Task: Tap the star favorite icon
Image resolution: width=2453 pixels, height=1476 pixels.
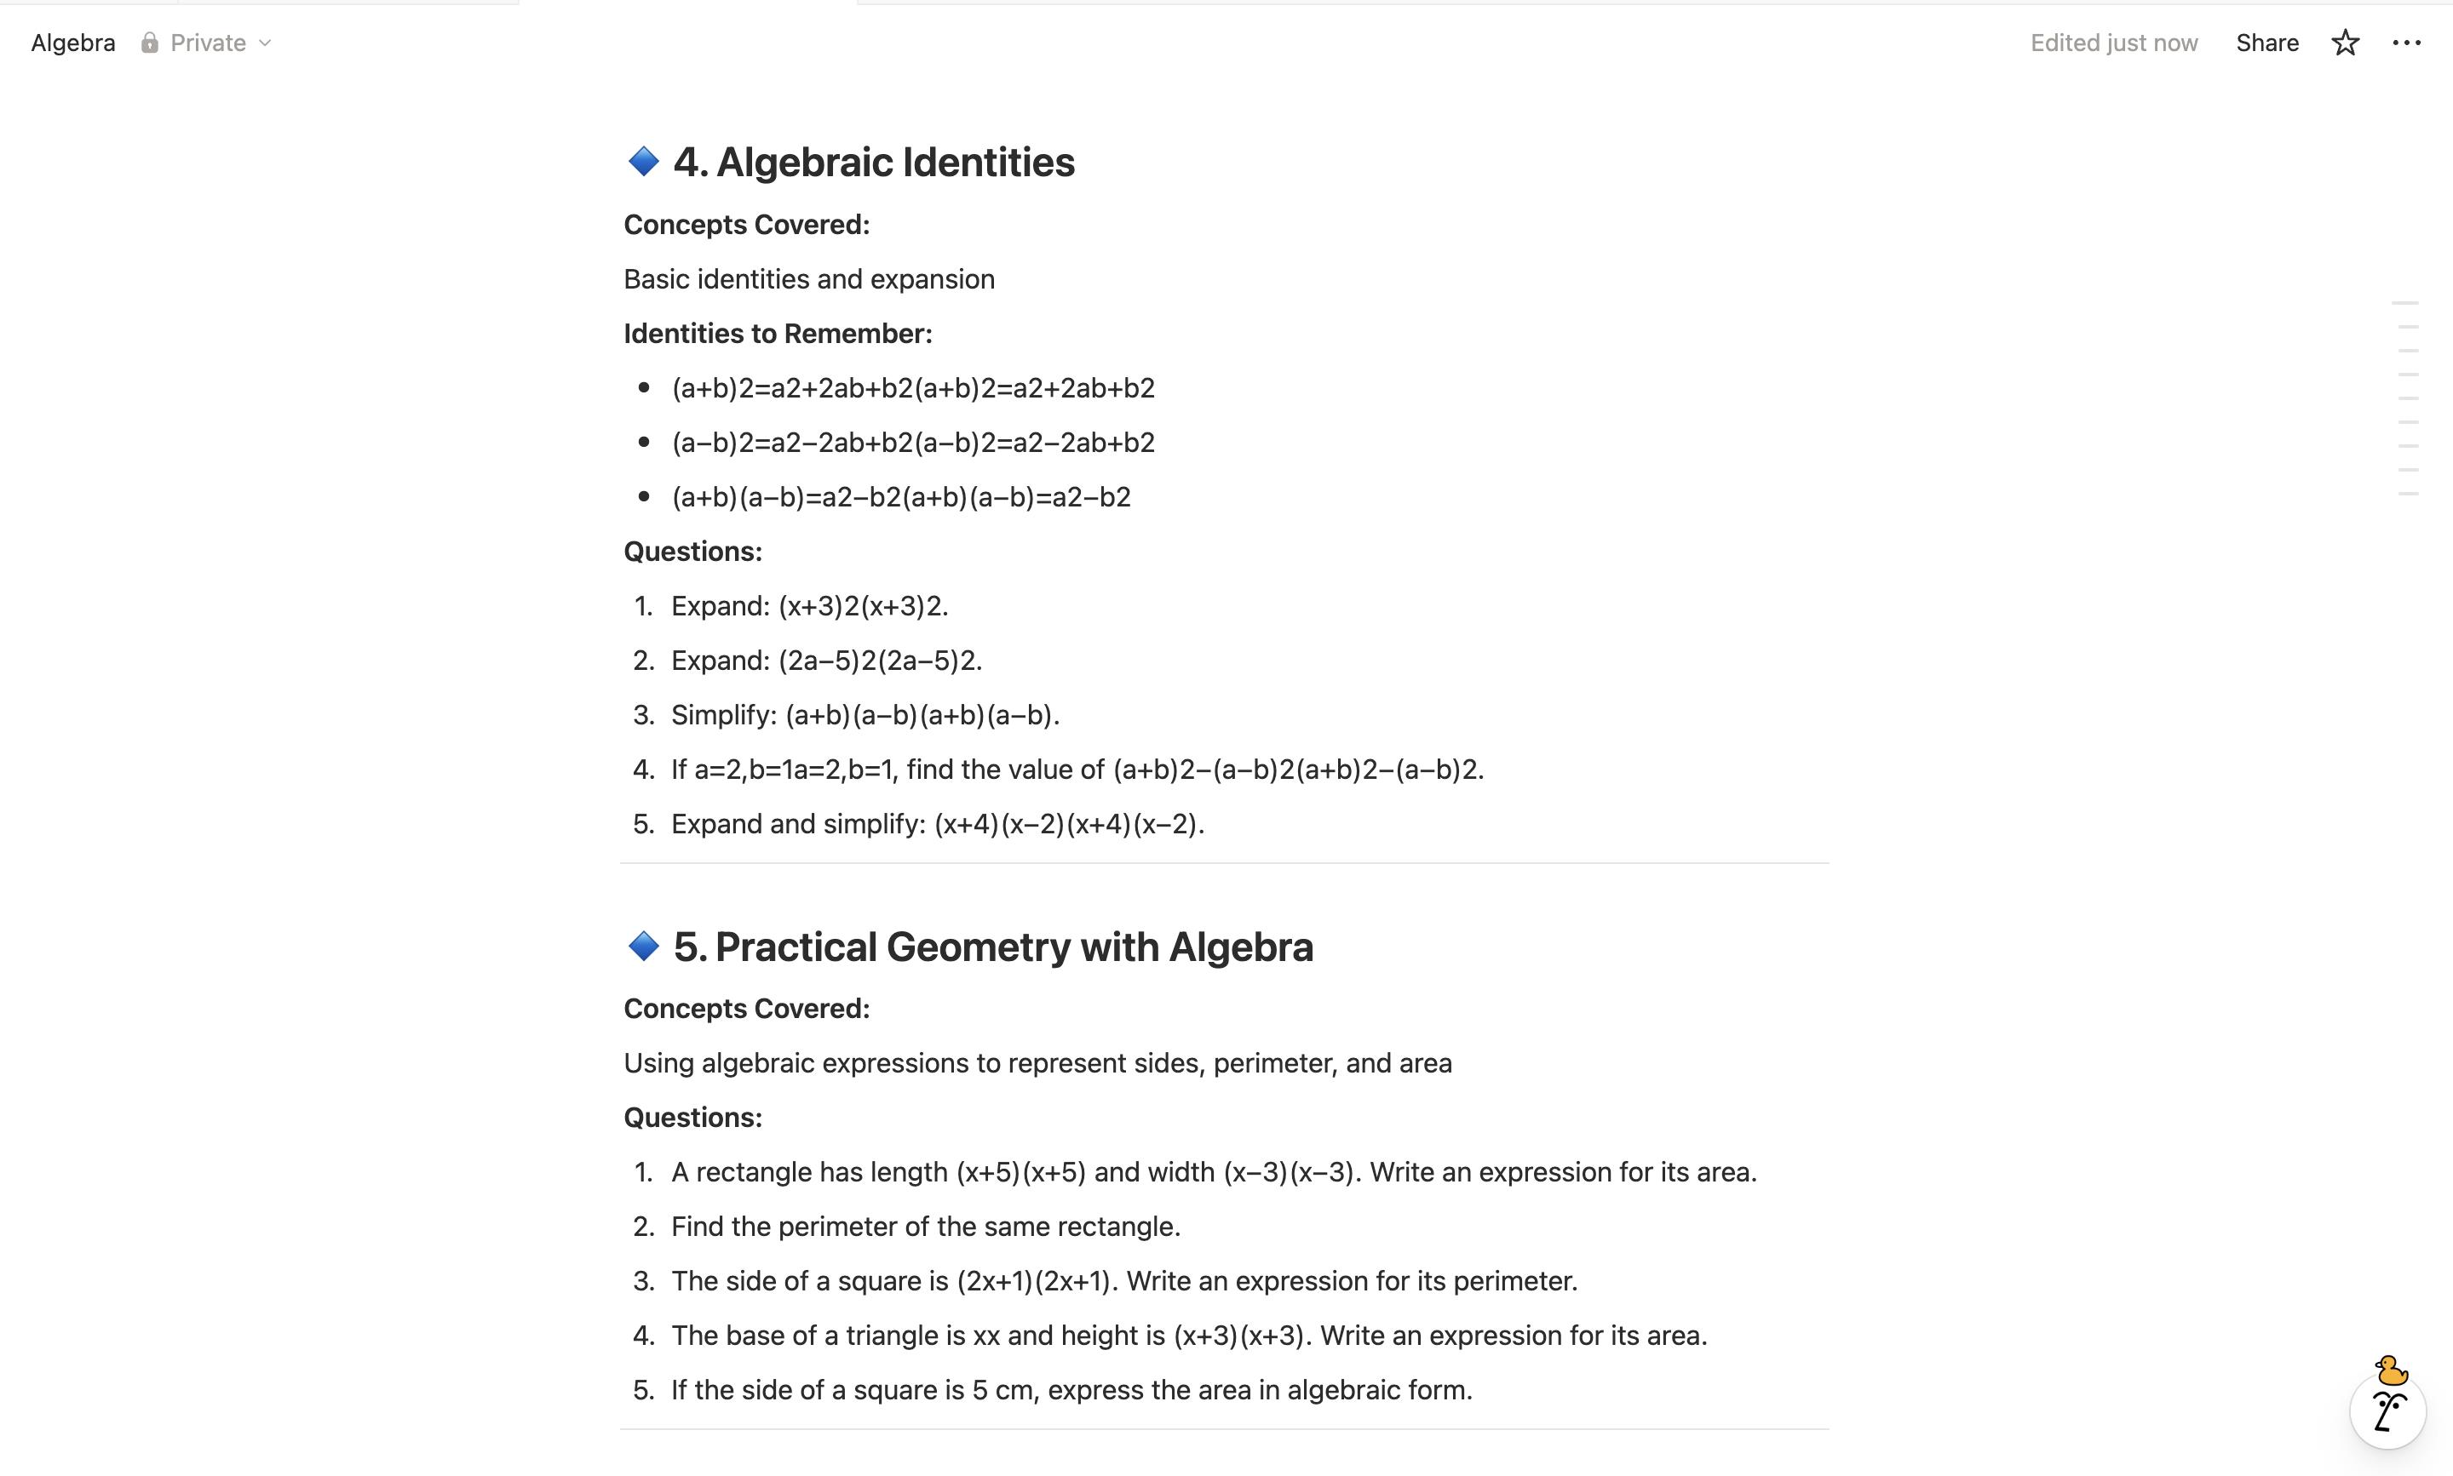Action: tap(2345, 43)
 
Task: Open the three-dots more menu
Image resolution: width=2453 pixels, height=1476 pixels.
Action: tap(2406, 43)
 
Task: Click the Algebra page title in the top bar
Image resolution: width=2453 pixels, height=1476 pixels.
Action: tap(72, 43)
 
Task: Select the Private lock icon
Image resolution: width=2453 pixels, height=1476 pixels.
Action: tap(149, 43)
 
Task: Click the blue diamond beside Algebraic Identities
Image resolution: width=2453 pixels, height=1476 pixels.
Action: tap(643, 161)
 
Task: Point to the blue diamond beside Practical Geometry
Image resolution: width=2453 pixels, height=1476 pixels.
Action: tap(643, 946)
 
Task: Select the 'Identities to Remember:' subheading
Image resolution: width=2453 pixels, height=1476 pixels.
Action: tap(777, 333)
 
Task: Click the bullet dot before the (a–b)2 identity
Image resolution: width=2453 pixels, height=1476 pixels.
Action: tap(644, 442)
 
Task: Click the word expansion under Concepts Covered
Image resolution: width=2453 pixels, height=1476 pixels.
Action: tap(932, 279)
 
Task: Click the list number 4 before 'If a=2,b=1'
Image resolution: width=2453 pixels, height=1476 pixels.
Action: tap(643, 769)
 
